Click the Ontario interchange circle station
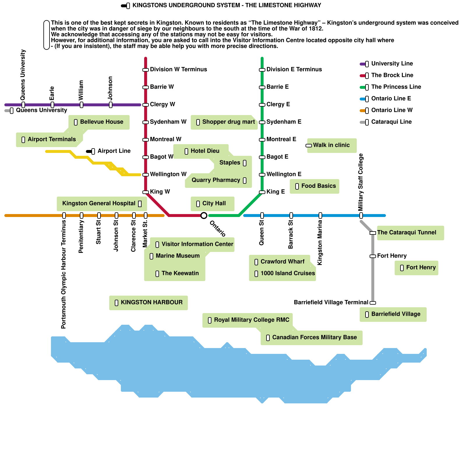point(204,216)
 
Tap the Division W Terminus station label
point(179,69)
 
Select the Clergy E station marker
point(262,105)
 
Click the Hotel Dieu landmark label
point(205,151)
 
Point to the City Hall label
point(214,203)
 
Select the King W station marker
point(146,192)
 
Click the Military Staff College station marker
point(361,216)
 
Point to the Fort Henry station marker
point(373,256)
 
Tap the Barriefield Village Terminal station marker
point(373,303)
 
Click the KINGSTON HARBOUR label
point(152,302)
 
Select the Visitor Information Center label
point(197,244)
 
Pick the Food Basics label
point(319,186)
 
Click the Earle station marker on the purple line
point(52,105)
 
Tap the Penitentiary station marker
point(82,216)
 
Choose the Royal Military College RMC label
point(252,320)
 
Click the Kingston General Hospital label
point(99,203)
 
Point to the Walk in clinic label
point(331,145)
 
